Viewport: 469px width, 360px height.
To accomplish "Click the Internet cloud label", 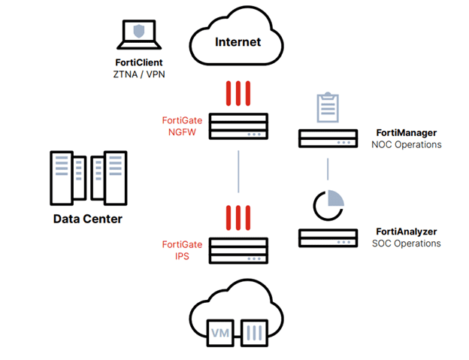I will (x=238, y=41).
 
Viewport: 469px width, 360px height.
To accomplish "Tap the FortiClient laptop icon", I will (x=138, y=34).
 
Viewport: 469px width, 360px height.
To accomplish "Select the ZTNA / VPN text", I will (x=138, y=74).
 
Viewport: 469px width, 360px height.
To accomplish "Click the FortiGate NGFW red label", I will (x=182, y=126).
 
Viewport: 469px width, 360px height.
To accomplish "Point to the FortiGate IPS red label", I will (x=182, y=250).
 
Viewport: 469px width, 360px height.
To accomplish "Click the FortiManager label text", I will (x=407, y=132).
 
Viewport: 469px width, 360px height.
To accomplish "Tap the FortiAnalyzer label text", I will (x=407, y=231).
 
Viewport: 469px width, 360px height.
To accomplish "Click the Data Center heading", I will (x=87, y=219).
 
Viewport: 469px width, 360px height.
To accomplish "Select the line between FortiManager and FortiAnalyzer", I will (x=327, y=170).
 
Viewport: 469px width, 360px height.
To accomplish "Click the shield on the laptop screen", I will (x=138, y=31).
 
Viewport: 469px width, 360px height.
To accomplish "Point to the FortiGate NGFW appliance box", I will (x=238, y=126).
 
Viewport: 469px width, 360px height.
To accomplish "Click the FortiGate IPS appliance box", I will (x=238, y=250).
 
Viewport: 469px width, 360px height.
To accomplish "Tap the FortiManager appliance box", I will (x=327, y=138).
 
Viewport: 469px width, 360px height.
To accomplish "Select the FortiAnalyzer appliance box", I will (x=327, y=237).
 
